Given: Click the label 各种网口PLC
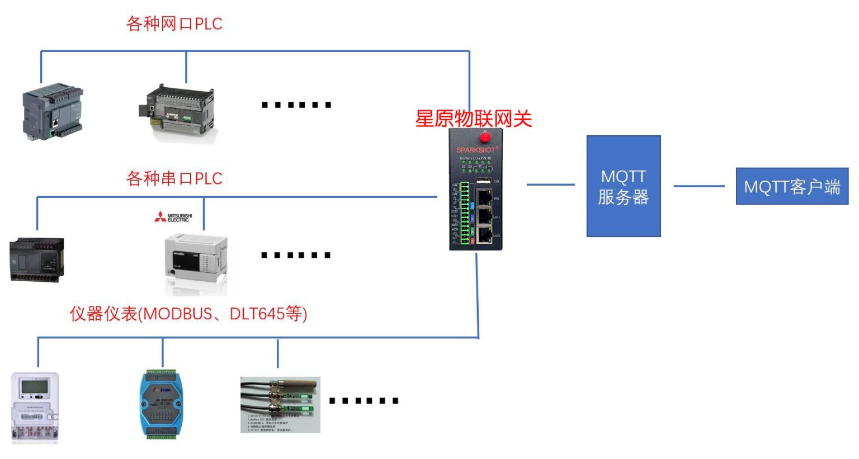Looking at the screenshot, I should tap(174, 24).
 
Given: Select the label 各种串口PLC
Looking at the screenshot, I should tap(174, 179).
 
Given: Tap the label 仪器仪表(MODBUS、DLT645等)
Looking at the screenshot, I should tap(188, 314).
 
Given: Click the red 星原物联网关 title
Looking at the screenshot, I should tap(473, 119).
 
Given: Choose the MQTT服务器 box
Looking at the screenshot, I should tap(623, 186).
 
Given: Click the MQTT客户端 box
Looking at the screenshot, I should tap(791, 186).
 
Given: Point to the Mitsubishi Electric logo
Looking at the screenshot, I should tap(173, 217).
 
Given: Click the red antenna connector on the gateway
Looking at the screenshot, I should tap(485, 136).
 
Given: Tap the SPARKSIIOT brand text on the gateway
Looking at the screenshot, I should tap(476, 150).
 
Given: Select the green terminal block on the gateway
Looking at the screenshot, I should tap(464, 212).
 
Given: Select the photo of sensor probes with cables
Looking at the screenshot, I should tap(280, 404).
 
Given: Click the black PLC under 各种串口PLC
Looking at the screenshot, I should tap(36, 259).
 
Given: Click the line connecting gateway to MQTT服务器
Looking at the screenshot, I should tap(550, 184).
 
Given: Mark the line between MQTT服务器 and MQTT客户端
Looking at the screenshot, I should tap(698, 186).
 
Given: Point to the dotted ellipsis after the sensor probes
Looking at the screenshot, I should tap(364, 400).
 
